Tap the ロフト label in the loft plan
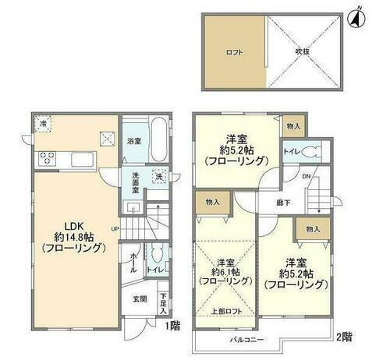coord(234,52)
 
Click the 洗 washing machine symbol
coord(158,177)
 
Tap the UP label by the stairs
coord(115,229)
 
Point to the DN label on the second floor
coord(307,175)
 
